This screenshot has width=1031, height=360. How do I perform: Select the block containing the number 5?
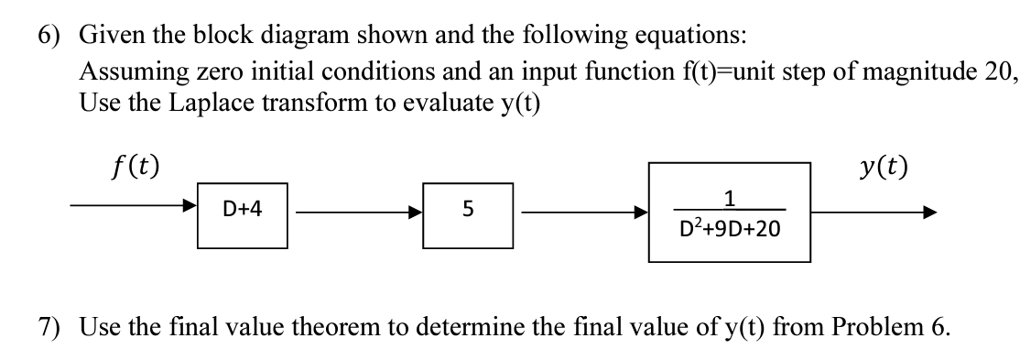coord(467,211)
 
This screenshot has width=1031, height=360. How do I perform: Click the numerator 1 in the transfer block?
coord(729,195)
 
